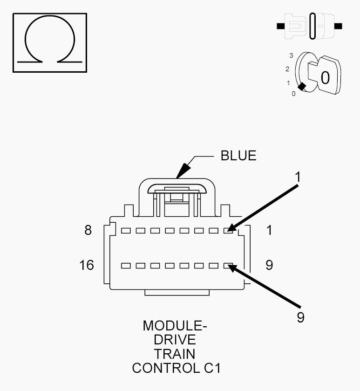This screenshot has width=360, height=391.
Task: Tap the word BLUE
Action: (x=238, y=156)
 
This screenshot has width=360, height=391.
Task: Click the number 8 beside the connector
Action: (x=88, y=230)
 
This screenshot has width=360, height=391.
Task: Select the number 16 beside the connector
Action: (x=87, y=265)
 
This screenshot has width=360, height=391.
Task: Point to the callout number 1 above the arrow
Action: (x=298, y=177)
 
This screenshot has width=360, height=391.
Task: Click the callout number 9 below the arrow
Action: (x=301, y=317)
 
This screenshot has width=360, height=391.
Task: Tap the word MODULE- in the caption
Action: (x=175, y=325)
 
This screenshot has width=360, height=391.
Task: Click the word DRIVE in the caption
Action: (x=175, y=339)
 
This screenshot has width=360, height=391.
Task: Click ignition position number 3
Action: (x=291, y=55)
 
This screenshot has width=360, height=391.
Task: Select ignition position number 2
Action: (x=288, y=69)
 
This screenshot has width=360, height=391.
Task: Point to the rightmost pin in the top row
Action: (x=229, y=230)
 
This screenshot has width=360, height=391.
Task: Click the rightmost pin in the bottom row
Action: (x=229, y=266)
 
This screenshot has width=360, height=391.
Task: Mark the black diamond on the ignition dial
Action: (x=302, y=86)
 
